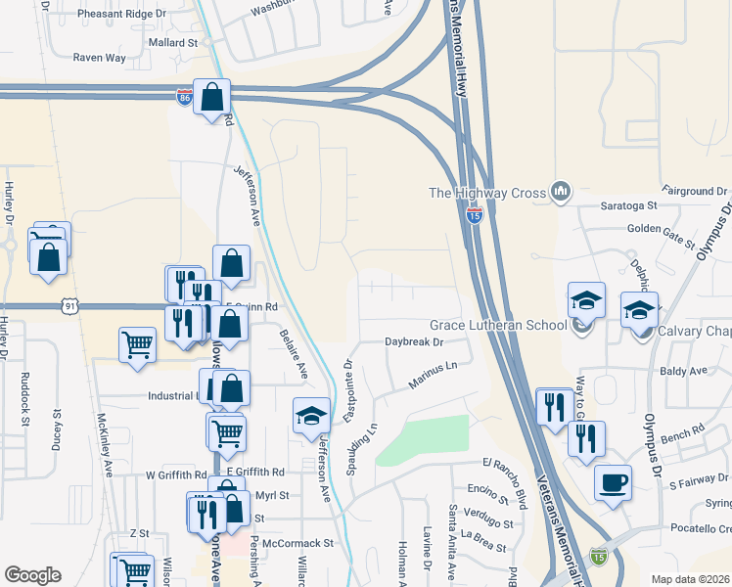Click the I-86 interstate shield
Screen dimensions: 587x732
click(x=184, y=98)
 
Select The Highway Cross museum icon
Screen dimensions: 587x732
click(x=561, y=191)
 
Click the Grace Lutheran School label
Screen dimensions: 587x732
click(x=498, y=325)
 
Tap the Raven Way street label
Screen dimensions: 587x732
click(x=102, y=58)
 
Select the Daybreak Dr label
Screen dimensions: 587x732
click(x=414, y=342)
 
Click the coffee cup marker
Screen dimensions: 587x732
click(x=613, y=482)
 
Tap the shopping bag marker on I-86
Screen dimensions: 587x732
click(x=211, y=97)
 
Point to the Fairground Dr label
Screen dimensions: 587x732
click(x=695, y=190)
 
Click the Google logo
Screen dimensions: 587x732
click(x=32, y=575)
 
